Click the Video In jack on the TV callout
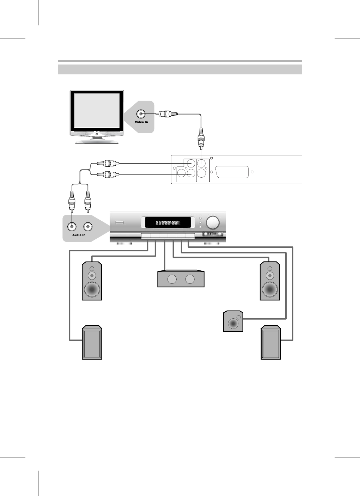click(141, 114)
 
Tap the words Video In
click(141, 122)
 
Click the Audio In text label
click(79, 235)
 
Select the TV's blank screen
click(97, 111)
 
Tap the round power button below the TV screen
click(97, 134)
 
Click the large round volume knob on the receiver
click(212, 223)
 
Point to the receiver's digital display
click(167, 223)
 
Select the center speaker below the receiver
click(181, 279)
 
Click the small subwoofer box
click(233, 321)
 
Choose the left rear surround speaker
click(92, 343)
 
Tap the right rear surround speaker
click(271, 343)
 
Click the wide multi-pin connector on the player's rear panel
click(232, 172)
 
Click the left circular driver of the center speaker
click(172, 280)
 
